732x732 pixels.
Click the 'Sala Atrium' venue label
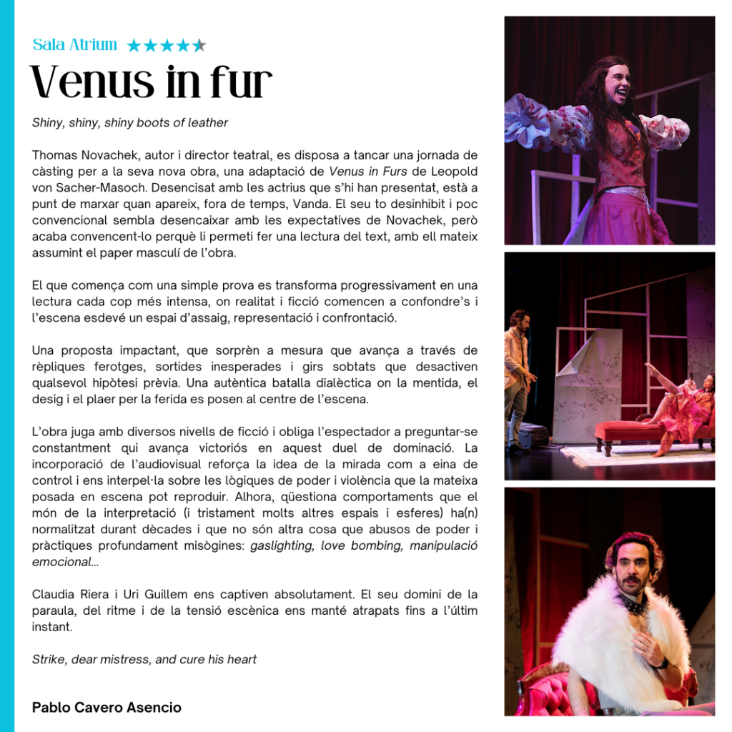(x=74, y=44)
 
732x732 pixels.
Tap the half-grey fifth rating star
(x=199, y=46)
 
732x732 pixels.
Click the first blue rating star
(x=134, y=46)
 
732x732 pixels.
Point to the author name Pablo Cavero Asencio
(x=107, y=708)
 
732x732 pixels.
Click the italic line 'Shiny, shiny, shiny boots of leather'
(x=130, y=123)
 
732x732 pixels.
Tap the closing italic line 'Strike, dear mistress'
(x=144, y=659)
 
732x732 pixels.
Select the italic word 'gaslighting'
(x=282, y=545)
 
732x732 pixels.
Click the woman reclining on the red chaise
(x=683, y=407)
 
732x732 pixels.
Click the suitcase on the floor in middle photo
(x=533, y=435)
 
